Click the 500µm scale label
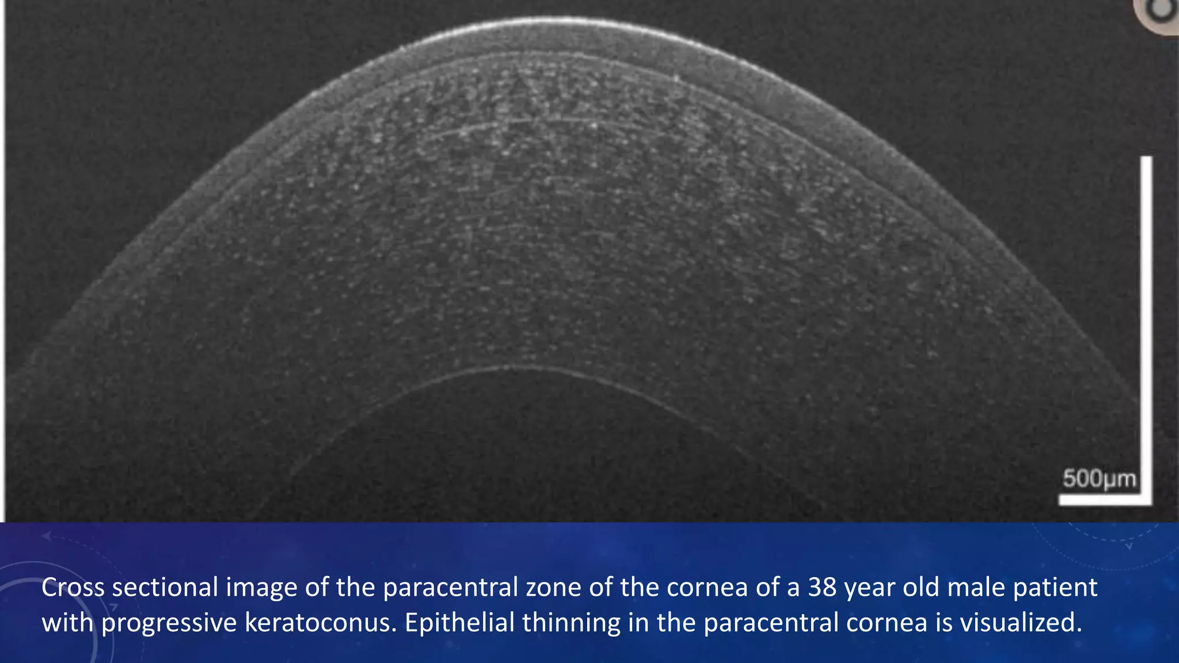tap(1099, 479)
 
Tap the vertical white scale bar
tap(1146, 322)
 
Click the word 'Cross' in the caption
tap(73, 588)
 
